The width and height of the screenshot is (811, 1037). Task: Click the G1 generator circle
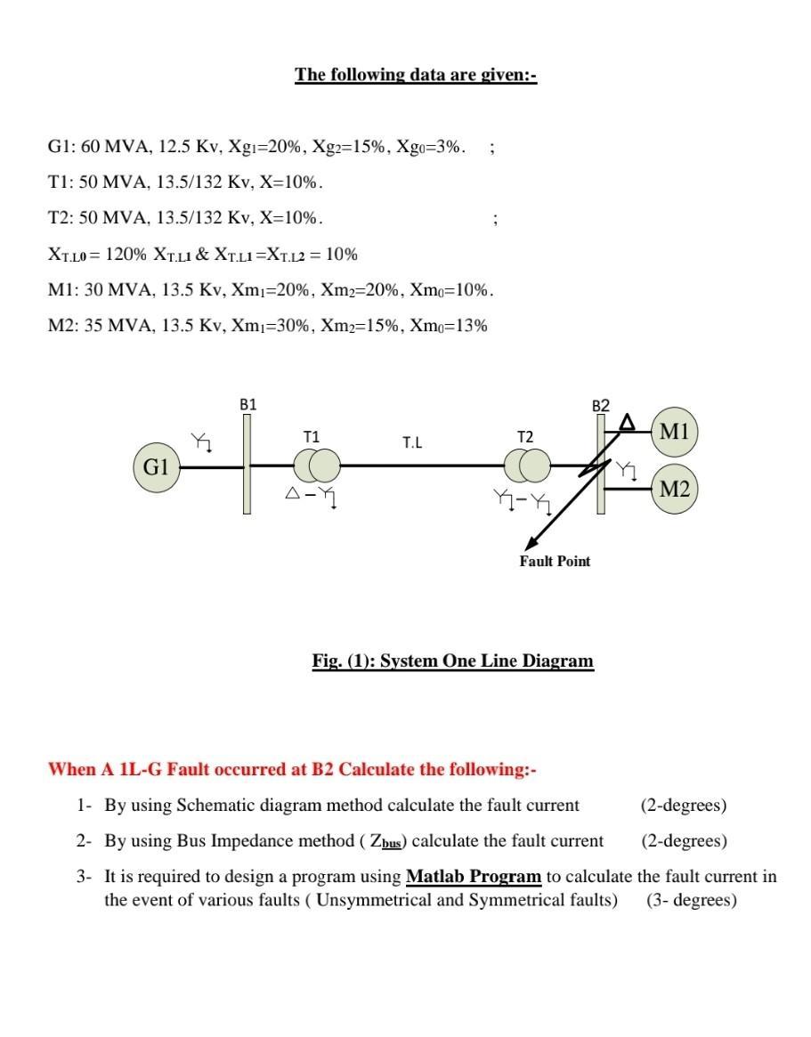point(157,466)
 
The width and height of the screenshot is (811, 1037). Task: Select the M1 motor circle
point(675,432)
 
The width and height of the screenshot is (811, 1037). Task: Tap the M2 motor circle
point(675,489)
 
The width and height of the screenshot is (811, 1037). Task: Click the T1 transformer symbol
point(317,465)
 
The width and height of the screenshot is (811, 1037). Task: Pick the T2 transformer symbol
point(528,465)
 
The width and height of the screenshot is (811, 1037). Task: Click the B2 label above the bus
point(601,406)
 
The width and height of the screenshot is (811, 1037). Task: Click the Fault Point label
point(555,561)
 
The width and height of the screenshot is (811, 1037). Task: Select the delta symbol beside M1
point(628,421)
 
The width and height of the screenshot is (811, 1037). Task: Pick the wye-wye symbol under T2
point(527,504)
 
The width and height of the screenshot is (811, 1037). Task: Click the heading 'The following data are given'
point(416,75)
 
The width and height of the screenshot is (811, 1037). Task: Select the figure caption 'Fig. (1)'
point(452,660)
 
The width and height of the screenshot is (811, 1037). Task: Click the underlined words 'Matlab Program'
point(474,877)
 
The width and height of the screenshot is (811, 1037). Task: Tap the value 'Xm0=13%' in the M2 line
point(449,325)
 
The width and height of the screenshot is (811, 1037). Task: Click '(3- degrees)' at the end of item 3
point(692,900)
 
